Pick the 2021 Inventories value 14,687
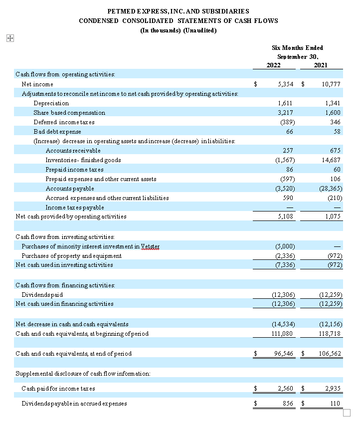tap(331, 160)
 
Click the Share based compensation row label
tap(69, 113)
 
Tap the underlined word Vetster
tap(150, 246)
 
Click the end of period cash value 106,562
tap(329, 354)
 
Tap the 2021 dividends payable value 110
tap(335, 404)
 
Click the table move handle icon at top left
tap(9, 38)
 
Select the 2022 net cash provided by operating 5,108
tap(285, 216)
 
